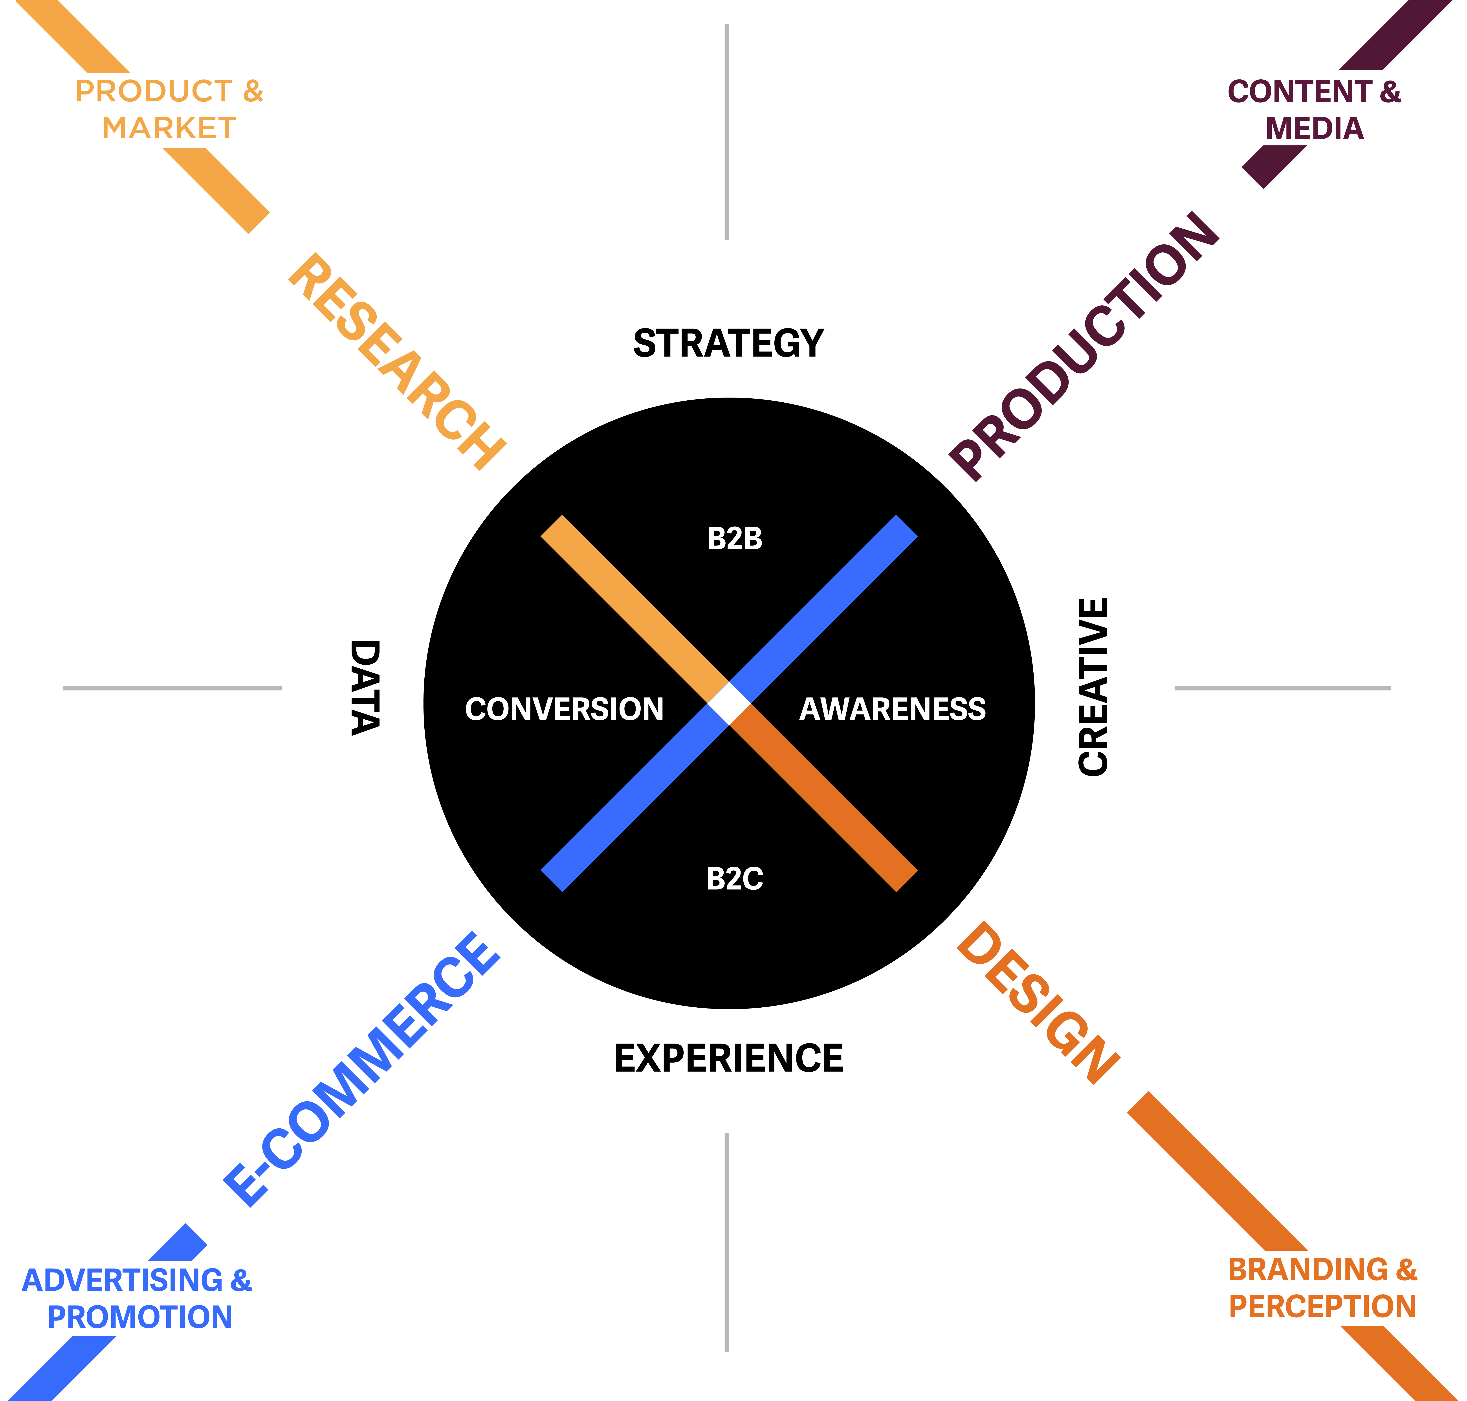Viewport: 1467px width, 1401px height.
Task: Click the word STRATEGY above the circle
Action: [x=728, y=343]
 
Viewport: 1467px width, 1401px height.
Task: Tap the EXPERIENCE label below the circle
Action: [x=728, y=1058]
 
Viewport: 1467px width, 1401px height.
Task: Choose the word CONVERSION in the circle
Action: [x=564, y=709]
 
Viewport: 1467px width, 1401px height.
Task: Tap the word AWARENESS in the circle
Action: [x=893, y=709]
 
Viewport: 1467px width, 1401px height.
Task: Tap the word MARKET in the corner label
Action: [x=169, y=128]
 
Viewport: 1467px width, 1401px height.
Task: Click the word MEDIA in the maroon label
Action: [x=1315, y=128]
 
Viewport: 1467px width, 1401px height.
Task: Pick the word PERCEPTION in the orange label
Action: [x=1322, y=1306]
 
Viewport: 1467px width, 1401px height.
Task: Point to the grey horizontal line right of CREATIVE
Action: [x=1282, y=688]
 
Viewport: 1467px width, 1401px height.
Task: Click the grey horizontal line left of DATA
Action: [x=172, y=688]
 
